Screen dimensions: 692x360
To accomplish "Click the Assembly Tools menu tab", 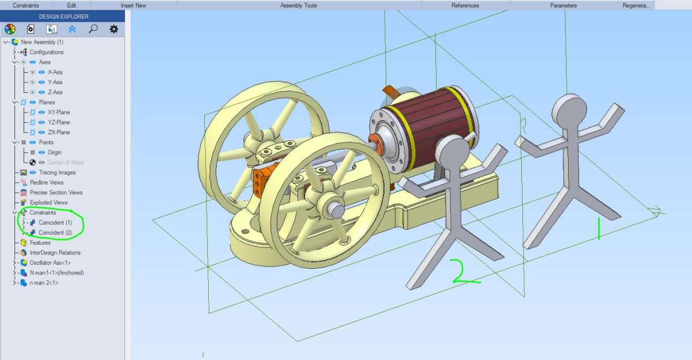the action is point(299,5).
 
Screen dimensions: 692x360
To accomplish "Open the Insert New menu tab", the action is point(133,5).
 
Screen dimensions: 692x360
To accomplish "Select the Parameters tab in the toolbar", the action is point(563,5).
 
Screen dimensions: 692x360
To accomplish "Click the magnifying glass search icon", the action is point(93,29).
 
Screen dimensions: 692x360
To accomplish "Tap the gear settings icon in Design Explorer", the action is point(114,29).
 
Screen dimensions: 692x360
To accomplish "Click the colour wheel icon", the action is point(10,29).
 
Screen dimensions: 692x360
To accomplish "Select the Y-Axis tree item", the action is point(55,82).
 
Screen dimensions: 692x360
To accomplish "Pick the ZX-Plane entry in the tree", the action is point(59,132).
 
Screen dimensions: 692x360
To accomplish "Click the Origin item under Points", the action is point(54,152).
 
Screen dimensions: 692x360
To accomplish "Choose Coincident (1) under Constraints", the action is point(55,223).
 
